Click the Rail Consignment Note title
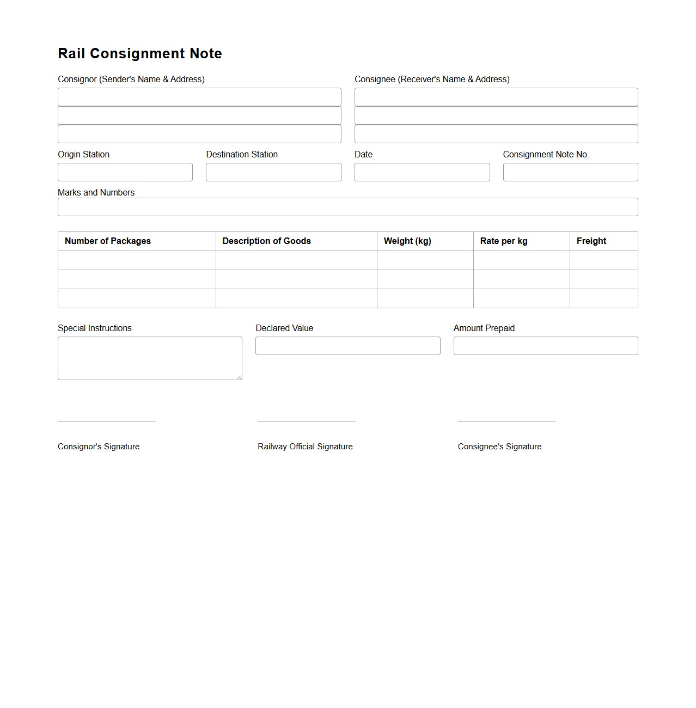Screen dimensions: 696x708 pyautogui.click(x=140, y=53)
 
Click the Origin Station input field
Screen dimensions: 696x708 pyautogui.click(x=125, y=172)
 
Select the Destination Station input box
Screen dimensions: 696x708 pyautogui.click(x=273, y=172)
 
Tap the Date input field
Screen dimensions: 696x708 pyautogui.click(x=422, y=172)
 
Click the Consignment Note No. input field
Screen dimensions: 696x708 pyautogui.click(x=570, y=172)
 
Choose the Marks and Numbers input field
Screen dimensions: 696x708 pyautogui.click(x=347, y=207)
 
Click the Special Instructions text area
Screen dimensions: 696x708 pyautogui.click(x=150, y=358)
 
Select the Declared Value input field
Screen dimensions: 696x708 pyautogui.click(x=347, y=346)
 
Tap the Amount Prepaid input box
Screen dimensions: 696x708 pyautogui.click(x=546, y=346)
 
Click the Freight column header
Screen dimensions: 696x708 pyautogui.click(x=591, y=241)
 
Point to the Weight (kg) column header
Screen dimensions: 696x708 pyautogui.click(x=407, y=241)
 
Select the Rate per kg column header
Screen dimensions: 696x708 pyautogui.click(x=504, y=241)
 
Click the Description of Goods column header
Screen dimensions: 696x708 pyautogui.click(x=266, y=241)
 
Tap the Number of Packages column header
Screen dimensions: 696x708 pyautogui.click(x=108, y=241)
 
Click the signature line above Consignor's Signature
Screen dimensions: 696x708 pyautogui.click(x=107, y=422)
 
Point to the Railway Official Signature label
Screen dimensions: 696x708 pyautogui.click(x=305, y=447)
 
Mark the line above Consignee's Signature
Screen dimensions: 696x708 pyautogui.click(x=506, y=422)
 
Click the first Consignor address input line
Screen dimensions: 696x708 pyautogui.click(x=199, y=97)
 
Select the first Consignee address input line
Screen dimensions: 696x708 pyautogui.click(x=496, y=97)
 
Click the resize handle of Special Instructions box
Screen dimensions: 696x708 pyautogui.click(x=239, y=377)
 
